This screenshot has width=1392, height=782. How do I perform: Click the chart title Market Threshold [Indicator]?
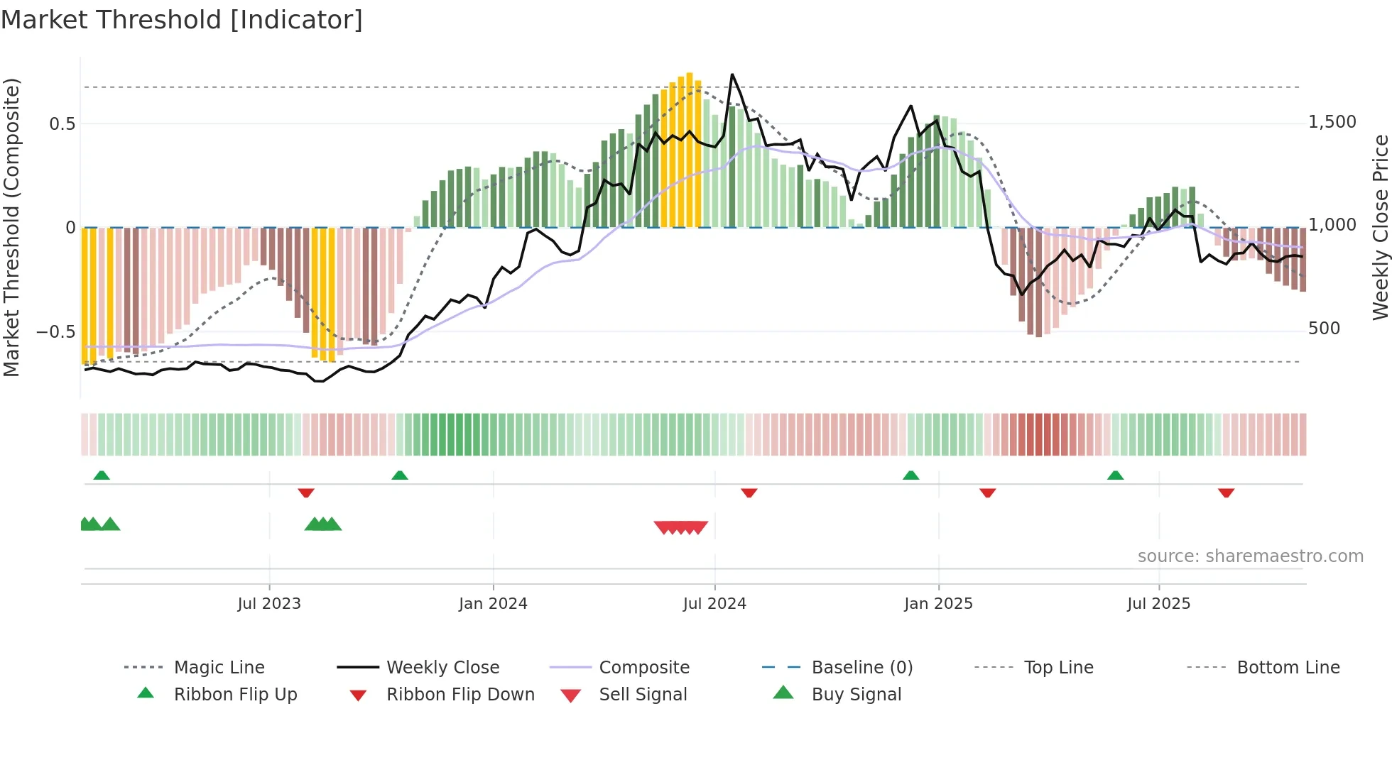pos(182,20)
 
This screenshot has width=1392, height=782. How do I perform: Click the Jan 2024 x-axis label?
pos(493,603)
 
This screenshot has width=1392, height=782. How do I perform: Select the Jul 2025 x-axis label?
pos(1158,603)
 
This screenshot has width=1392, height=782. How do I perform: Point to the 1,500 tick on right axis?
pos(1332,122)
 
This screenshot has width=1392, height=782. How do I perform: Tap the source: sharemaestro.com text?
pos(1250,556)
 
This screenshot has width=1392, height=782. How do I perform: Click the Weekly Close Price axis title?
pos(1380,227)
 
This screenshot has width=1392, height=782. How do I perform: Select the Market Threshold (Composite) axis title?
pos(11,227)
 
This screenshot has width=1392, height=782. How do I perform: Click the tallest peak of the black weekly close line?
pos(732,75)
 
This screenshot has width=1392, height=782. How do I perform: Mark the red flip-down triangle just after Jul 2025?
pos(1226,492)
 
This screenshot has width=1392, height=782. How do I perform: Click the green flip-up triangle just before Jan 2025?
pos(910,475)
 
